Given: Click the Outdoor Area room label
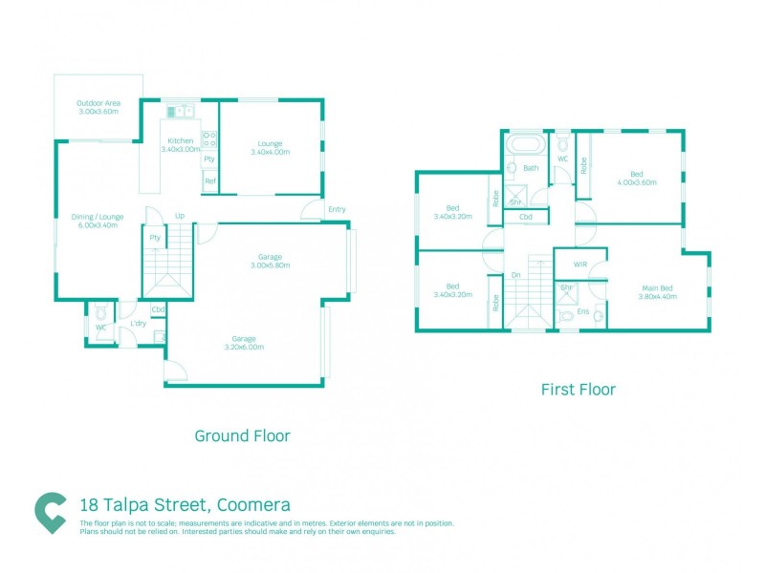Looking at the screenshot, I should (98, 107).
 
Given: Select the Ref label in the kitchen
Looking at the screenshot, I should (209, 181).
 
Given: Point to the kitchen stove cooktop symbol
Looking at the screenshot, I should (209, 139).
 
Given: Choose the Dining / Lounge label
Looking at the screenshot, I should (96, 222).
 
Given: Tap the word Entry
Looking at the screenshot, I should (337, 209).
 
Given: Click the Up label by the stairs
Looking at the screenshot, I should (179, 215).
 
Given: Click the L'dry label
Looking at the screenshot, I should (137, 325).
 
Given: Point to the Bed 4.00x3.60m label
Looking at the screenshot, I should (636, 177).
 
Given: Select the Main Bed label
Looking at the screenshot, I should (657, 291).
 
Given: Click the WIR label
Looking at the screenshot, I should (579, 264).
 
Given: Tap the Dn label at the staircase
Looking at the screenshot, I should (514, 275).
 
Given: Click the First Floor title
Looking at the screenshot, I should (578, 390).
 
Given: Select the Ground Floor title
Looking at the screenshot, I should (242, 435).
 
